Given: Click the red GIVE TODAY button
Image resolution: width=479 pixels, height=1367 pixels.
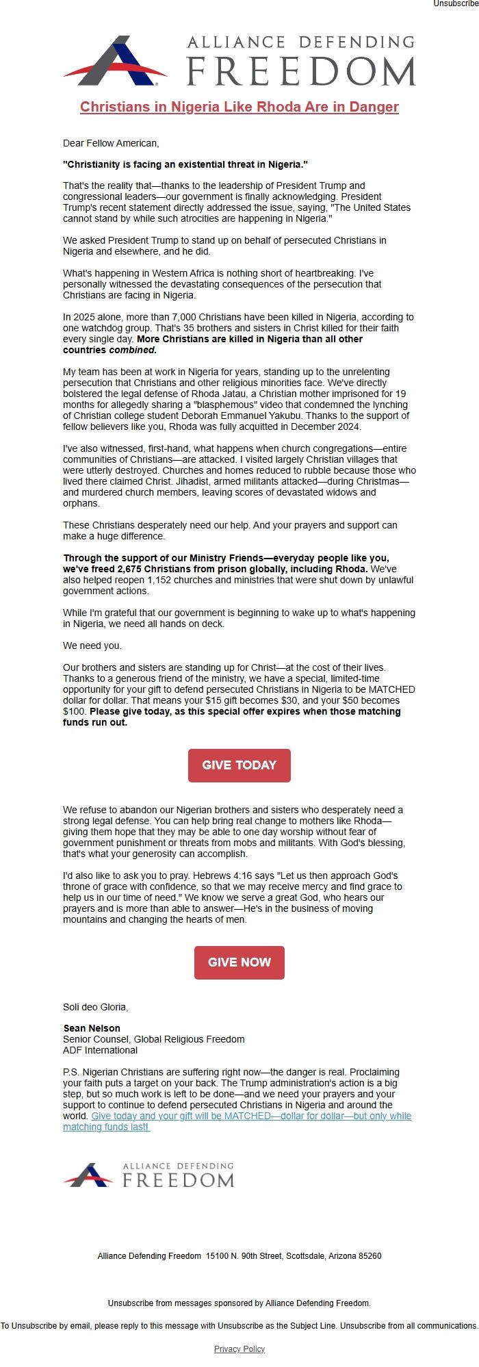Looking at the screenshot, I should coord(239,765).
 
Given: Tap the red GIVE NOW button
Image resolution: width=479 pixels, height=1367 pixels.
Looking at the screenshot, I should coord(239,962).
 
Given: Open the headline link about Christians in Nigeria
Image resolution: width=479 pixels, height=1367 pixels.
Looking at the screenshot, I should coord(239,107).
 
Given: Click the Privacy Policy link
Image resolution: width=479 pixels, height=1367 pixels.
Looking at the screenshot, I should coord(239,1349).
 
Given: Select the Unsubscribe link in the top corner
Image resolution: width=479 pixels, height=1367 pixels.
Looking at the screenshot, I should coord(456,4).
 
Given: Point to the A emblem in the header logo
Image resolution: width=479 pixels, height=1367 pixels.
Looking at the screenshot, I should coord(116,62).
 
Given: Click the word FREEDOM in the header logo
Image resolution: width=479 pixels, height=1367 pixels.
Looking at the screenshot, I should coord(301,71).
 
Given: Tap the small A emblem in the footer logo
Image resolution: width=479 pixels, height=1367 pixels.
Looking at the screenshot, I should coord(89,1175).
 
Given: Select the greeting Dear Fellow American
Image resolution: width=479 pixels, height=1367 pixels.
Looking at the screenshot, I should coord(111,143).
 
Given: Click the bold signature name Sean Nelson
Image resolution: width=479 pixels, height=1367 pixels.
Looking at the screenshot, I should coord(92,1028).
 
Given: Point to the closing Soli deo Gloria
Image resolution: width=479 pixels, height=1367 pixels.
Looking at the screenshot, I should coord(95,1007).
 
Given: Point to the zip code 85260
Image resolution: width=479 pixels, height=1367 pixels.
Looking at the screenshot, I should coord(368,1256).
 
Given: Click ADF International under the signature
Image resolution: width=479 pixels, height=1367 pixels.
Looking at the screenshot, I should coord(100,1050).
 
